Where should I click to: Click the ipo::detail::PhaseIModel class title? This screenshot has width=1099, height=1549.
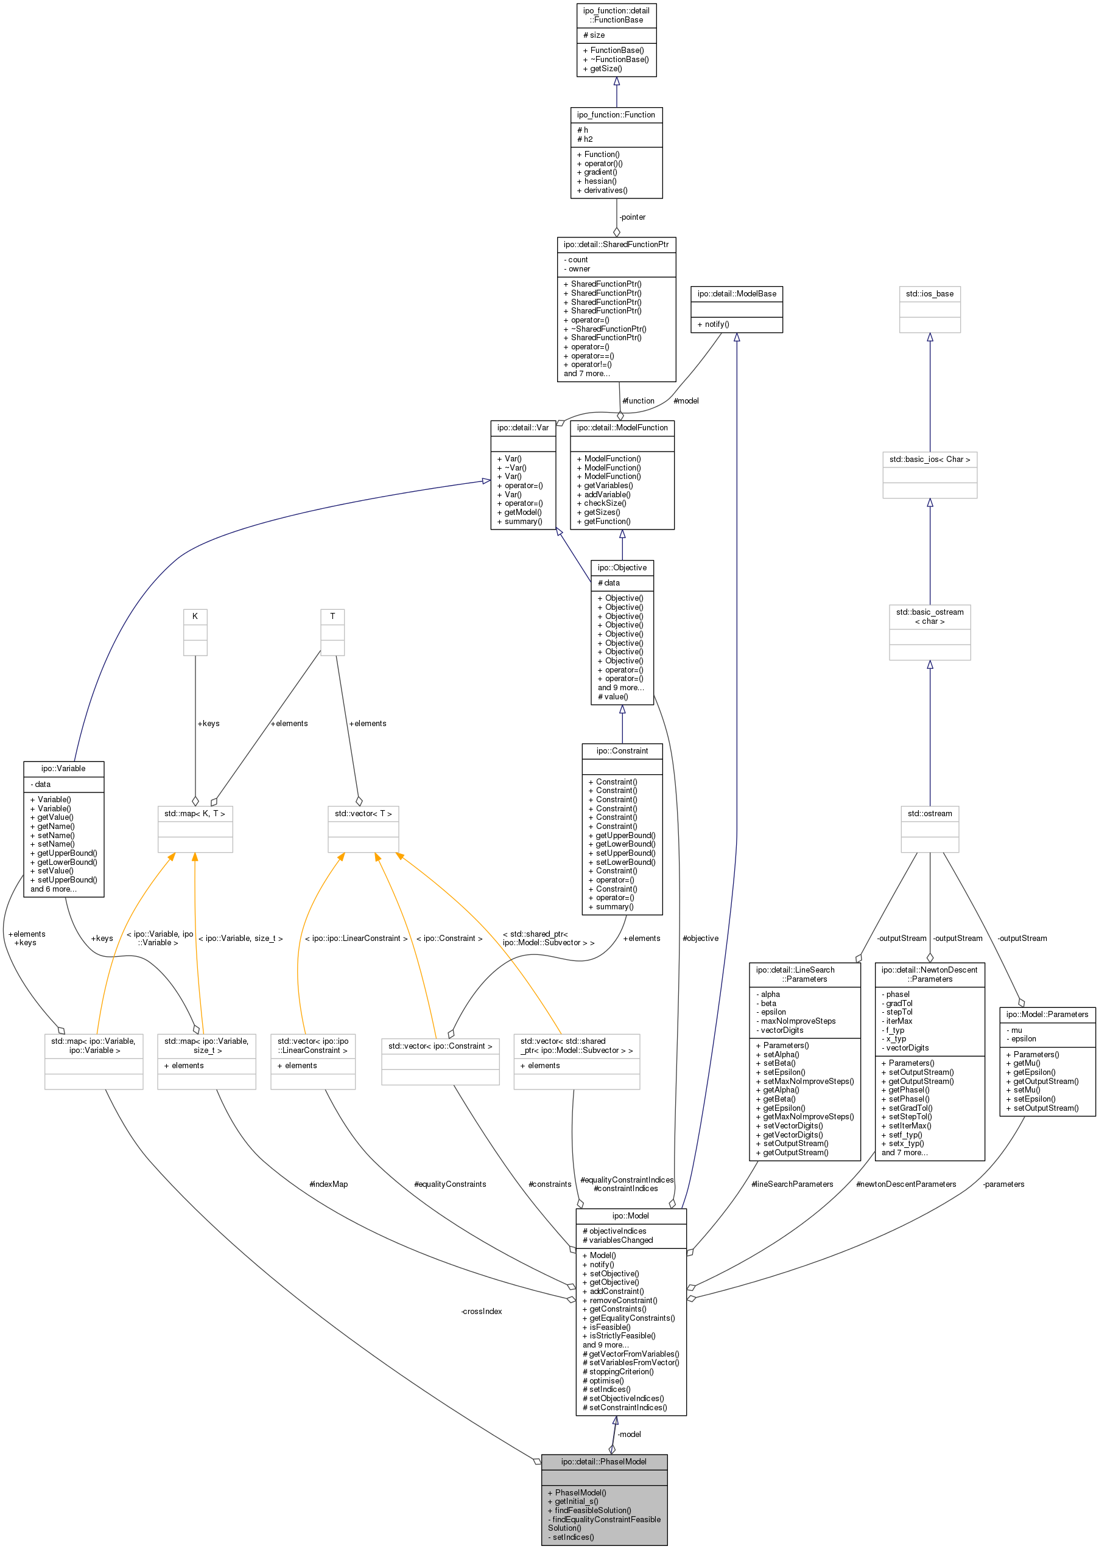[x=603, y=1462]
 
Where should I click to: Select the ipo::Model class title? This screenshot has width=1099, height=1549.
[x=630, y=1215]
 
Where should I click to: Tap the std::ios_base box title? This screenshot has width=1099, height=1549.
[x=929, y=293]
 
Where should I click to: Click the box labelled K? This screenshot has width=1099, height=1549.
[x=195, y=616]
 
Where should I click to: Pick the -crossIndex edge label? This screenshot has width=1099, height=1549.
[x=481, y=1311]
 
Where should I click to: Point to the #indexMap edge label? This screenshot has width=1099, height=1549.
[x=328, y=1184]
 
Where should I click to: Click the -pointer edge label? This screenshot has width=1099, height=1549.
[x=632, y=217]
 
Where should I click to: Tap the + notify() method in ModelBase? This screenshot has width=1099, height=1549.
[x=712, y=324]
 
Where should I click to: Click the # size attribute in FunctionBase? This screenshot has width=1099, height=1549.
[x=594, y=35]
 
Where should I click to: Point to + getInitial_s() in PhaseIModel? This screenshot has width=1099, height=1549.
[x=576, y=1501]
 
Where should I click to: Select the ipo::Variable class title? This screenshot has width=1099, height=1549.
[x=63, y=768]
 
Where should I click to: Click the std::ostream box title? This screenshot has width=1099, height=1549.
[x=929, y=813]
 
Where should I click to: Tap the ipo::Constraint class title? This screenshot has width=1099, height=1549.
[x=622, y=751]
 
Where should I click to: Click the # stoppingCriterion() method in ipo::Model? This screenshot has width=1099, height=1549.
[x=618, y=1372]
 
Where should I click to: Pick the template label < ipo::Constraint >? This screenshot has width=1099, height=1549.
[x=449, y=938]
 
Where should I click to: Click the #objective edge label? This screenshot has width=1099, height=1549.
[x=700, y=938]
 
